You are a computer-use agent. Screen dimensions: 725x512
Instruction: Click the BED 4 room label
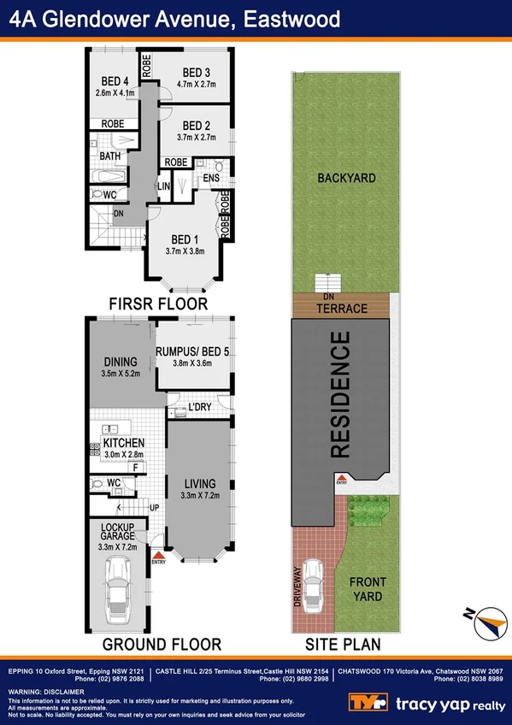point(111,82)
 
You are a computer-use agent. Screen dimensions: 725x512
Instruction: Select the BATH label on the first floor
point(109,156)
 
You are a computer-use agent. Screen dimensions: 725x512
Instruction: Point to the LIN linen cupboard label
point(165,186)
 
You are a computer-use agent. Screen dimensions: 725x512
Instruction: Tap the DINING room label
point(120,362)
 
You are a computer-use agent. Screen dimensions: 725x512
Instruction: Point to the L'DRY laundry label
point(200,407)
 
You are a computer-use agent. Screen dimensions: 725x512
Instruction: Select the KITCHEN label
point(123,443)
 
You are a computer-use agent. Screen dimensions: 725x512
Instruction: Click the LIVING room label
point(198,484)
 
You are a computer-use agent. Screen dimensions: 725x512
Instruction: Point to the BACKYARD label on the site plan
point(347,178)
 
